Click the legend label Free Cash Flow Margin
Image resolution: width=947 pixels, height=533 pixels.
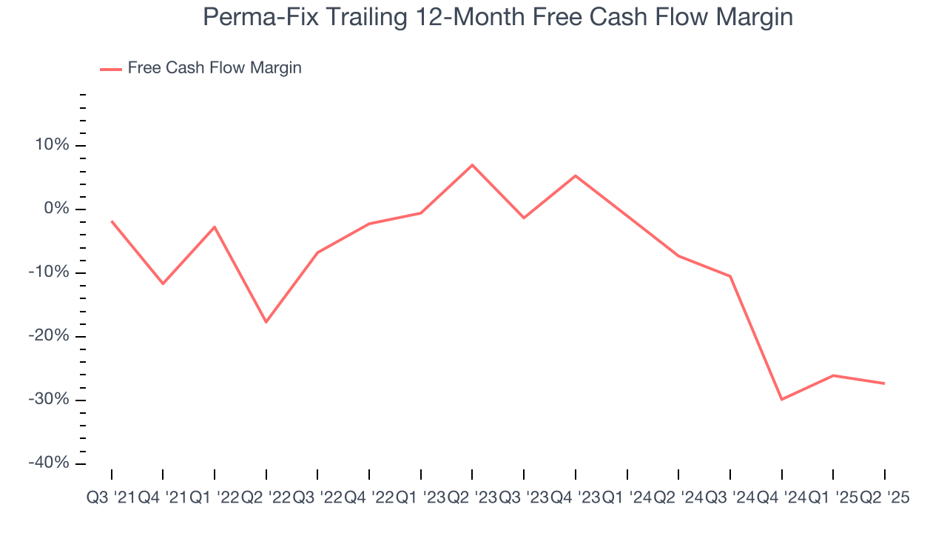coord(215,68)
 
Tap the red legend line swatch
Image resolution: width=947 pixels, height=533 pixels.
coord(110,69)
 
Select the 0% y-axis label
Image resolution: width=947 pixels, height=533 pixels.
coord(56,209)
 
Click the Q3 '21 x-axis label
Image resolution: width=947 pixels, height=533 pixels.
coord(111,498)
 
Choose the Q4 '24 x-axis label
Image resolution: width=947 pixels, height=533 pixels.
coord(781,498)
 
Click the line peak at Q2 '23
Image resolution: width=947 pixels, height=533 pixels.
coord(472,164)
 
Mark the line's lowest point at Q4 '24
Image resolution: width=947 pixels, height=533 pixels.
coord(781,400)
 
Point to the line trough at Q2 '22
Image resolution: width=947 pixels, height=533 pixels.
coord(266,322)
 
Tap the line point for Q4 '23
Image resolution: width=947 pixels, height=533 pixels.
coord(575,175)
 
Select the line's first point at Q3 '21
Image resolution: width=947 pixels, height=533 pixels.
coord(112,221)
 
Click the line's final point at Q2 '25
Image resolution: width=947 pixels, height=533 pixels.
coord(884,383)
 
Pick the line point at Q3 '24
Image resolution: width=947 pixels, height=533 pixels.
coord(730,276)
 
